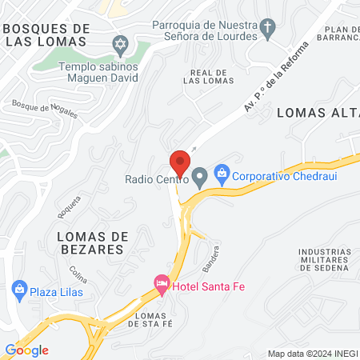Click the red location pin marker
(180, 162)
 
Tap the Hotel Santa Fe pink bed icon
(162, 284)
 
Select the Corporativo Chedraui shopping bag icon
(222, 173)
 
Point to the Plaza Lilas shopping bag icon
(18, 290)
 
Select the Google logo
(26, 350)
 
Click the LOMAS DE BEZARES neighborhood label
(90, 242)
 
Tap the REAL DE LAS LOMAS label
(207, 76)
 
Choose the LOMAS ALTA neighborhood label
(317, 113)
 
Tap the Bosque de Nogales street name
(45, 109)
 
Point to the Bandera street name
(210, 258)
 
